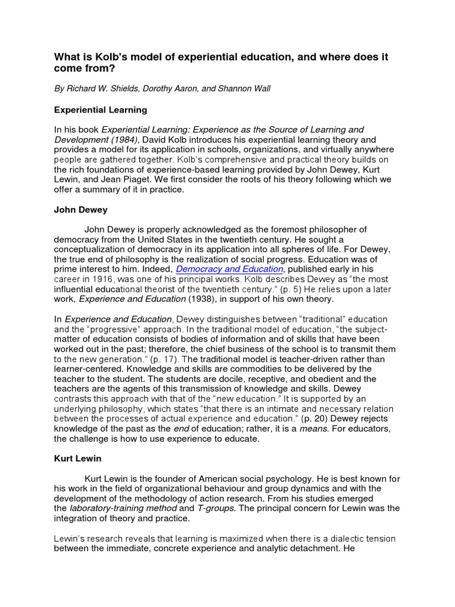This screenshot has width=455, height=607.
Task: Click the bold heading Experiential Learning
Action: click(x=101, y=110)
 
